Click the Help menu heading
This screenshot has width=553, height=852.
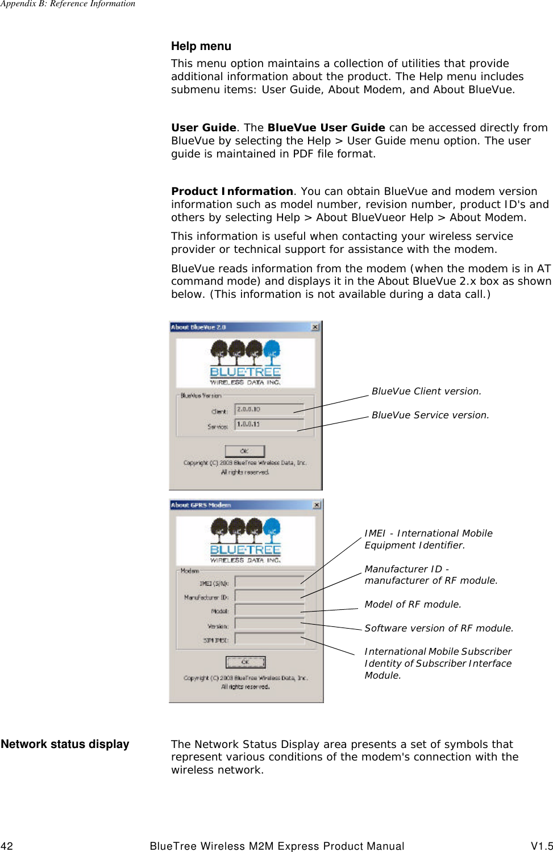(x=201, y=46)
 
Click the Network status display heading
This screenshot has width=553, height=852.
(x=65, y=744)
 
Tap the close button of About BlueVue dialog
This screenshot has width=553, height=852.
(x=315, y=327)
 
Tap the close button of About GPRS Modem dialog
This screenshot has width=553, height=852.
(x=317, y=505)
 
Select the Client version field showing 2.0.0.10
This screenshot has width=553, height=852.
(x=269, y=409)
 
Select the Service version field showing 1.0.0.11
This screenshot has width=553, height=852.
(x=269, y=424)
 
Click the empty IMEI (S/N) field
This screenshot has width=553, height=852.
(x=269, y=581)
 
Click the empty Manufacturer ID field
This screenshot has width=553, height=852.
(x=269, y=596)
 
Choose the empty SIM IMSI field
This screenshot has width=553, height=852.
(x=269, y=639)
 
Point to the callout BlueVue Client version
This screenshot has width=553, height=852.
(x=426, y=391)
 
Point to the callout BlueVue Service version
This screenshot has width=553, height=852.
(x=430, y=415)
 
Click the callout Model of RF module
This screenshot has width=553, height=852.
(x=413, y=604)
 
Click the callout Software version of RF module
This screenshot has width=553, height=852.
(x=439, y=628)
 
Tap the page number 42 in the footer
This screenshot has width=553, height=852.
(x=7, y=846)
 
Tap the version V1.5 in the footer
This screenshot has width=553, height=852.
(x=542, y=846)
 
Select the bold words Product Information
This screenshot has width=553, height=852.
(x=232, y=192)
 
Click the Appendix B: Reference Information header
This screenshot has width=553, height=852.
(x=68, y=4)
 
